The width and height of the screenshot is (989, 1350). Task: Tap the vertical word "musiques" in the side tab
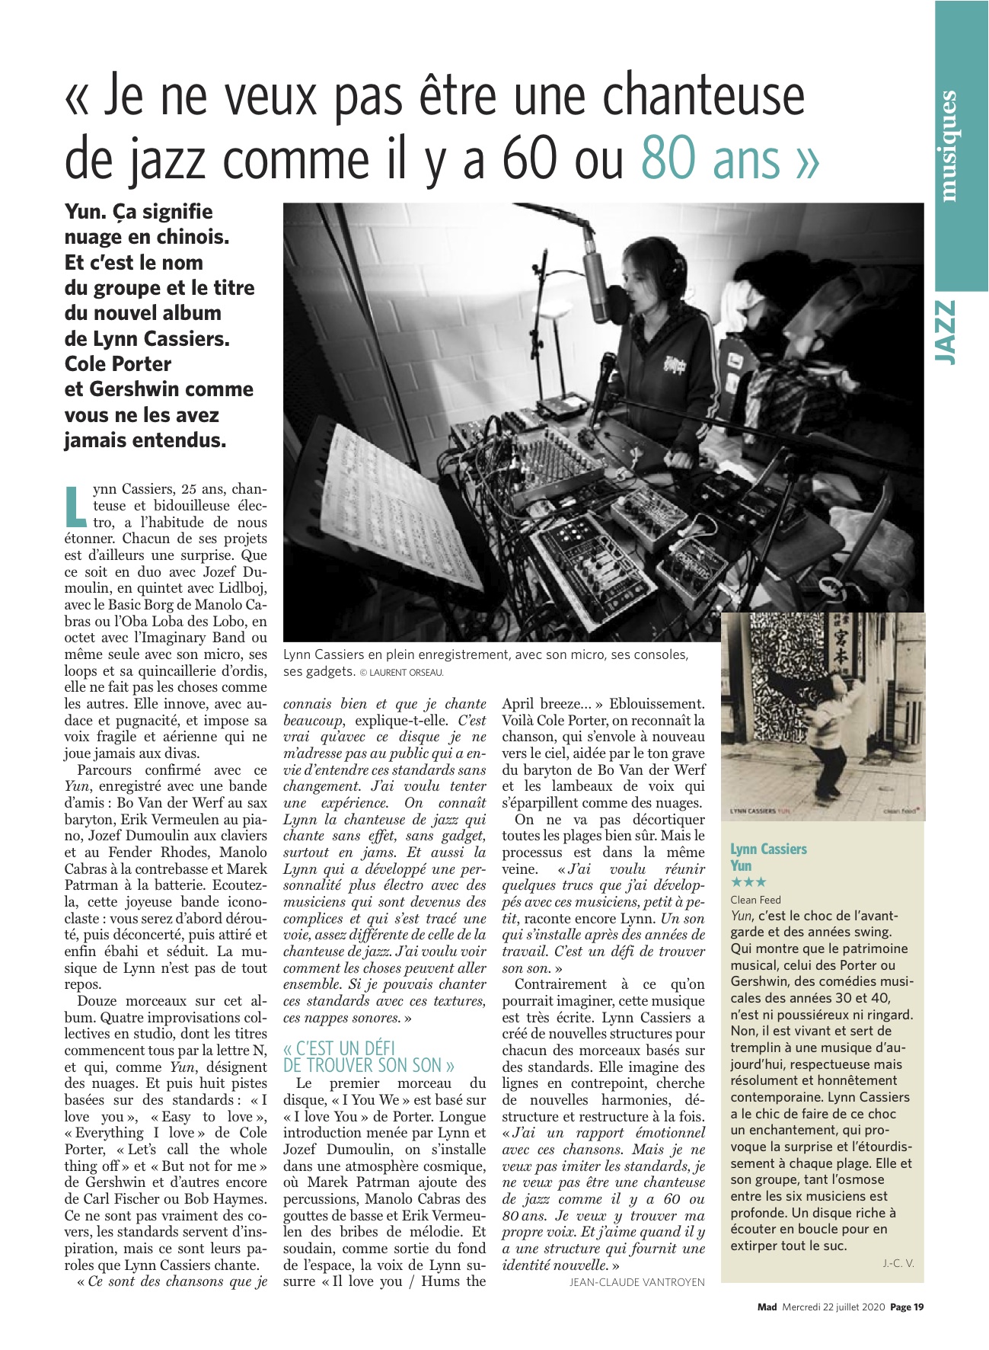948,146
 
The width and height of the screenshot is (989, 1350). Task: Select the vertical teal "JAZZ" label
946,332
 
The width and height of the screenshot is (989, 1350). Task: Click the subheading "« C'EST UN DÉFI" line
340,1048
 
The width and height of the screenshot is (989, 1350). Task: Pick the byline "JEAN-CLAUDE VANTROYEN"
636,1282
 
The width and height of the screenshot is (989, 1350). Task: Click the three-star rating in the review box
748,883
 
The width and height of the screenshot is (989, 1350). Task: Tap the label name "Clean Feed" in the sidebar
755,900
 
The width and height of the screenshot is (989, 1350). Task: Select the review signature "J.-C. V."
898,1263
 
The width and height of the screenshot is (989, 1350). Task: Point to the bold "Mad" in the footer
767,1307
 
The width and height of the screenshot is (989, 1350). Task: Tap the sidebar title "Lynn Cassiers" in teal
768,849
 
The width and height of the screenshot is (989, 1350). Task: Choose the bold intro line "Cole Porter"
118,363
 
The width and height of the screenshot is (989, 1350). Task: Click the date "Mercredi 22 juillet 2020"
834,1307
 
